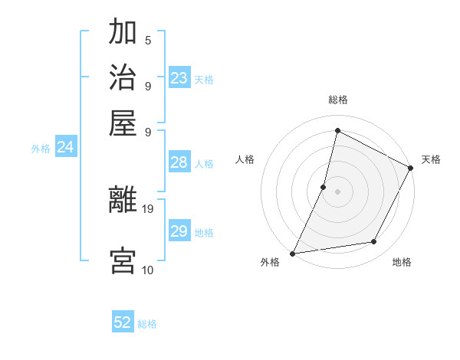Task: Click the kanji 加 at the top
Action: point(123,33)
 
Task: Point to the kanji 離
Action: point(123,201)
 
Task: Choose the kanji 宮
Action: point(123,260)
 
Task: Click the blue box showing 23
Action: point(179,77)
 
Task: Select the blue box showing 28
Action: point(179,162)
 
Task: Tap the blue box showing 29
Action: point(179,231)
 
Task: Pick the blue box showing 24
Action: point(65,147)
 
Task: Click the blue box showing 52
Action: point(123,322)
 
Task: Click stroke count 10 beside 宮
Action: point(147,270)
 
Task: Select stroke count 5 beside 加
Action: point(147,40)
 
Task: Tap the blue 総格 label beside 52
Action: point(147,324)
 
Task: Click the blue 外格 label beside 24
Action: point(41,149)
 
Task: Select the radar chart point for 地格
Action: point(374,242)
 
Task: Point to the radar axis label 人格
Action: point(245,159)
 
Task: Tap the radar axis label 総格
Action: point(337,100)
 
